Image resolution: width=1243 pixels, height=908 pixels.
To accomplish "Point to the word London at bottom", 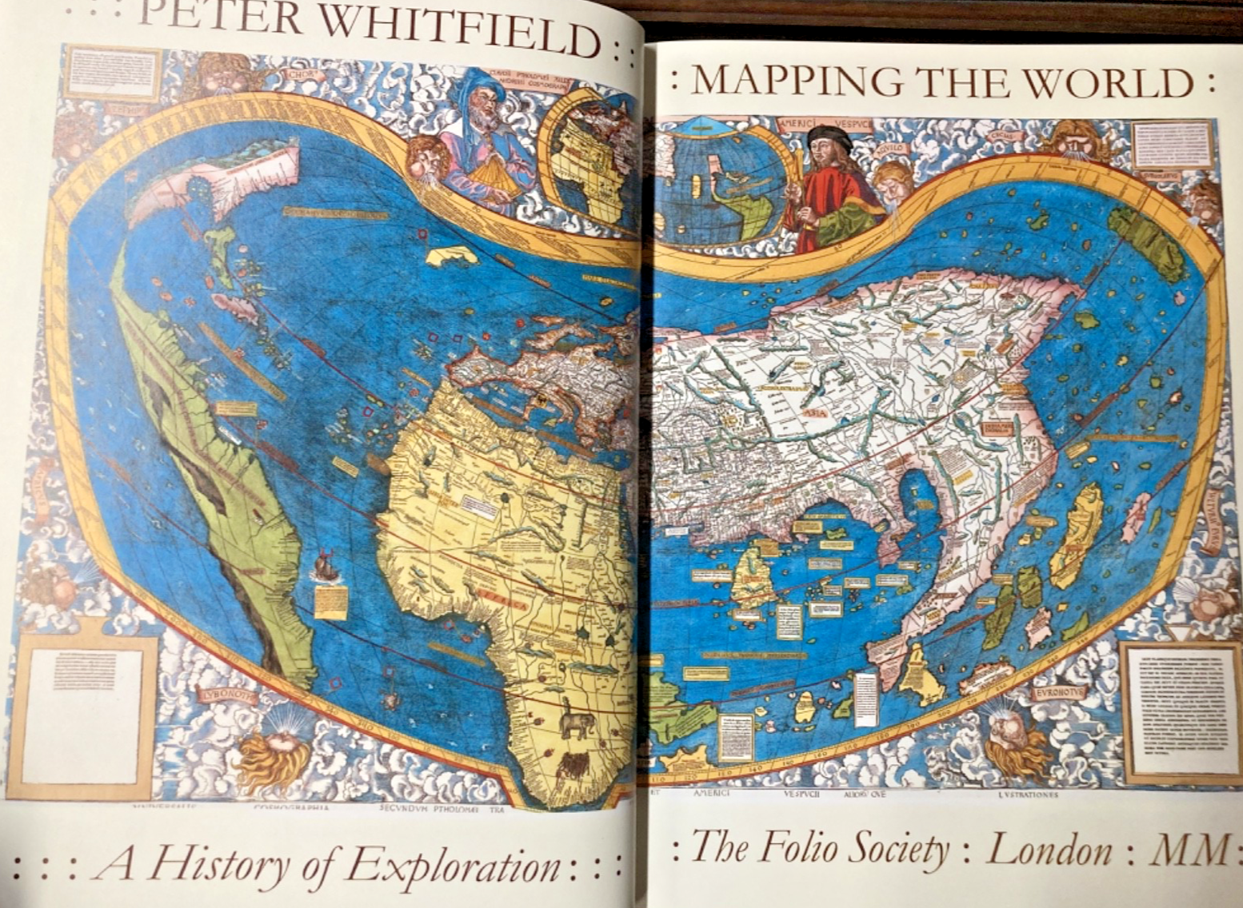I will [1049, 849].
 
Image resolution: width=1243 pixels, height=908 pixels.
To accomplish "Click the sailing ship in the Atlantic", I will [325, 565].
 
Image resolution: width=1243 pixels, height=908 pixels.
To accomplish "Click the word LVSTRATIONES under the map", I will [1028, 795].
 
